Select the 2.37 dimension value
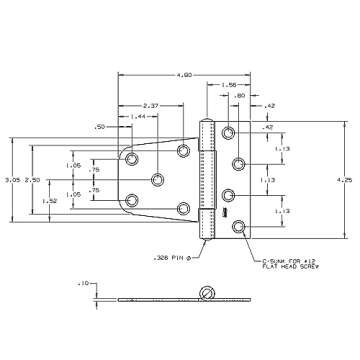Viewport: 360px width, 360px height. coord(151,105)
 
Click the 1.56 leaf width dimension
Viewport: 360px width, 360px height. coord(229,86)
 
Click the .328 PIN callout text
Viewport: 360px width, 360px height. coord(177,254)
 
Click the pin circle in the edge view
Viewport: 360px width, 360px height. coord(208,293)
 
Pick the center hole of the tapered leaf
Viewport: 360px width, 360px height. coord(158,180)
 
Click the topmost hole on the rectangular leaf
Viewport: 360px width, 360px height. coord(229,132)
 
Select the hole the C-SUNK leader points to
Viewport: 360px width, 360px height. coord(238,227)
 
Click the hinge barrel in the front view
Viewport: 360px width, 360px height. coord(208,179)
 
